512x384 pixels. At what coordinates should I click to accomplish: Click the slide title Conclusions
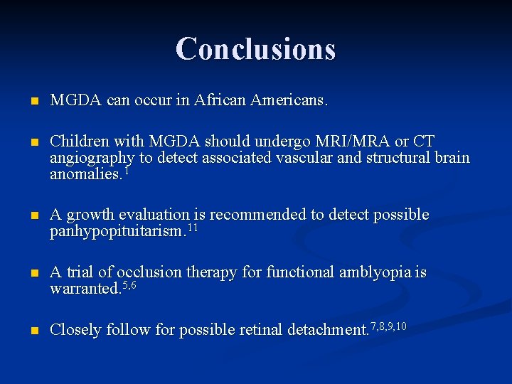[255, 48]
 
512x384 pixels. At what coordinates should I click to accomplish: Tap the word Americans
[288, 102]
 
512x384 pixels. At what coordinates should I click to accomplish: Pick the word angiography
[90, 158]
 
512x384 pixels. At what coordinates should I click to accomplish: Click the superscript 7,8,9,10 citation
[388, 326]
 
